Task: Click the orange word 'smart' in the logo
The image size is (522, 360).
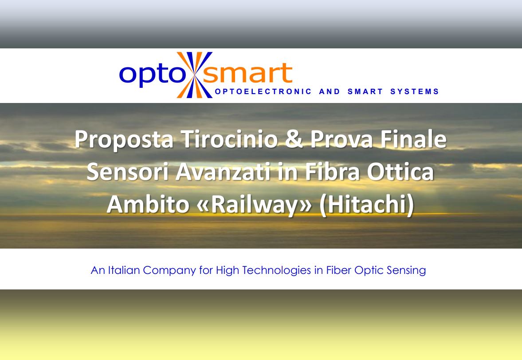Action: (249, 73)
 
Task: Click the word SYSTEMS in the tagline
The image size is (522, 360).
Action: (415, 92)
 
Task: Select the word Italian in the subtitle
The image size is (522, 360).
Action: (125, 270)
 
